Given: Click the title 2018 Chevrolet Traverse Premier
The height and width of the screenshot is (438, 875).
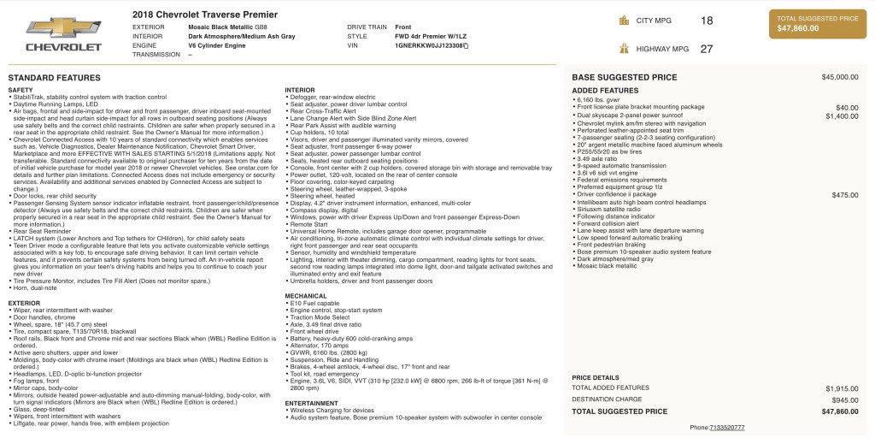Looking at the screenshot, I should tap(205, 15).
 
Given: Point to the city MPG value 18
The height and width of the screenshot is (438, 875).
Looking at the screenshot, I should tap(706, 21).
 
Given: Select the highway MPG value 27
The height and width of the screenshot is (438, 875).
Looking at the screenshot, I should tap(706, 49).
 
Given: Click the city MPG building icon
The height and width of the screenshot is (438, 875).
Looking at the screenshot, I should tap(625, 21).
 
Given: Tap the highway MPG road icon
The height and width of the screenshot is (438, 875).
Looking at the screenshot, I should tap(625, 49).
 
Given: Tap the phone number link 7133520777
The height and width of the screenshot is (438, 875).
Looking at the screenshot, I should tap(726, 427).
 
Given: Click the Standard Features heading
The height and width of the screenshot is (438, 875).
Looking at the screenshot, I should tap(54, 77).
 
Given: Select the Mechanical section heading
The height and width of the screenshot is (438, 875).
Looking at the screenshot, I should tap(306, 296).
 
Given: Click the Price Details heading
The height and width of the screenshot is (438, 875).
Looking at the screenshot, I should tap(596, 377).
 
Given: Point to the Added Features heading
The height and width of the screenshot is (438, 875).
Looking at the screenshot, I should tap(605, 90).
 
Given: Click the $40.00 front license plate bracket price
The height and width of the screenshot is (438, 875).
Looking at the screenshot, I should tap(846, 108).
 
